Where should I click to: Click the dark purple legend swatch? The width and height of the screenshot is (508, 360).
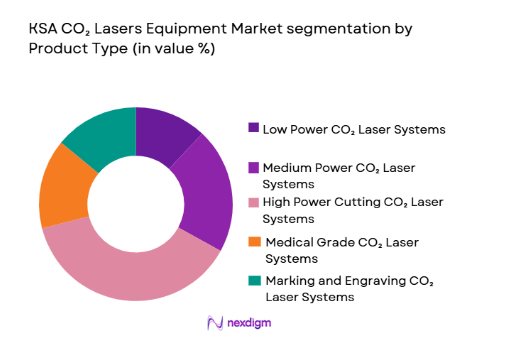tap(254, 127)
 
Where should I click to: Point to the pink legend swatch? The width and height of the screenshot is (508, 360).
tap(254, 202)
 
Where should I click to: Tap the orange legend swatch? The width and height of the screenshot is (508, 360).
tap(254, 241)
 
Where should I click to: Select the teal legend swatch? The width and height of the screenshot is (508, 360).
tap(254, 279)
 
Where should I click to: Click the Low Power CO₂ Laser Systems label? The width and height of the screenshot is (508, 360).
tap(347, 128)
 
